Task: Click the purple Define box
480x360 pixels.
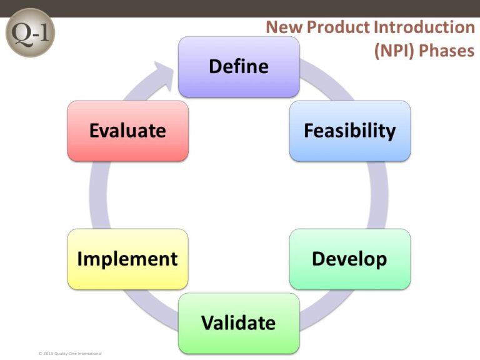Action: pos(239,66)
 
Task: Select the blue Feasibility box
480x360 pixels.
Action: pos(349,131)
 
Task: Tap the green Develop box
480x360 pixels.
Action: pos(349,259)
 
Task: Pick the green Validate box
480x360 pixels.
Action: pos(239,323)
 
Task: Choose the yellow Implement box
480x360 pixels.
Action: pos(127,259)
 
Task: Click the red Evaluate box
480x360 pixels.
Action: pos(127,131)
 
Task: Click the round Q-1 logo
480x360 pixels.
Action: pos(30,32)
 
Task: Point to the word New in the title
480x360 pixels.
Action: pos(282,28)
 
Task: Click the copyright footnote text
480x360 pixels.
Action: pos(69,354)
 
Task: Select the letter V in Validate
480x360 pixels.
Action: pos(207,323)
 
